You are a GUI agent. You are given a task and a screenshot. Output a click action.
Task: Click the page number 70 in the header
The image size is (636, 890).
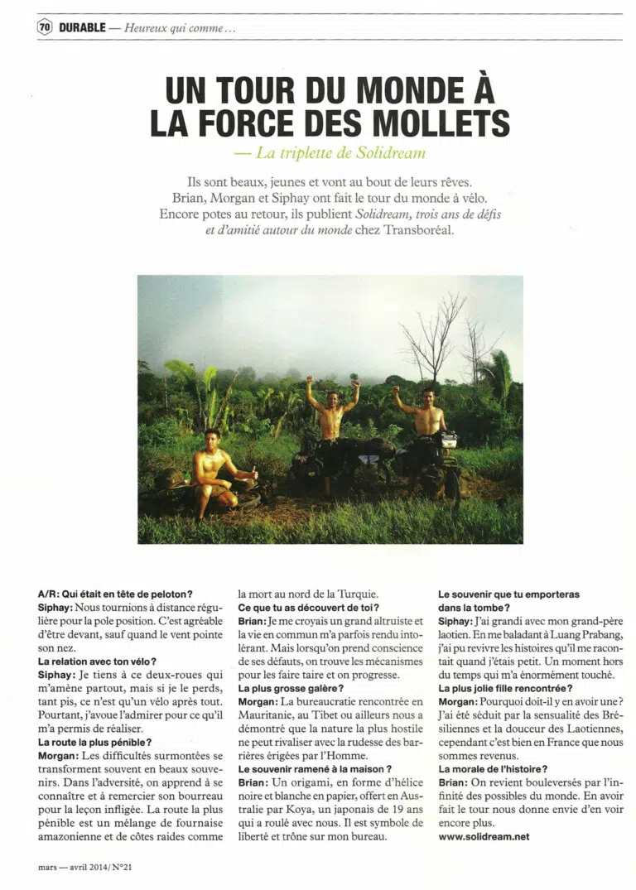point(45,27)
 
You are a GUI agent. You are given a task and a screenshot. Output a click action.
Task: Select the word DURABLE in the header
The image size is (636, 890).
point(82,27)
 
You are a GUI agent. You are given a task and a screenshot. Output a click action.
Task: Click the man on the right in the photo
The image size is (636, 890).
point(426,414)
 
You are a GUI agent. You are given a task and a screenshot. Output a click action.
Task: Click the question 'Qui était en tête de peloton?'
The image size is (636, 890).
point(116,593)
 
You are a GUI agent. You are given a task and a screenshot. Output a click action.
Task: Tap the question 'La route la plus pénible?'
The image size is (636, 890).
point(94,742)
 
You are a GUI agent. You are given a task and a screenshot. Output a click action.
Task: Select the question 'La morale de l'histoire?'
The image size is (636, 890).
point(492,768)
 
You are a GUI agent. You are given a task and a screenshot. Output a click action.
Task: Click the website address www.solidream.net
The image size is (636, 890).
point(484,836)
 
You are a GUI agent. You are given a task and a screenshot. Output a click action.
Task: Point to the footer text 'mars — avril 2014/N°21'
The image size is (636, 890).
point(89,867)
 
